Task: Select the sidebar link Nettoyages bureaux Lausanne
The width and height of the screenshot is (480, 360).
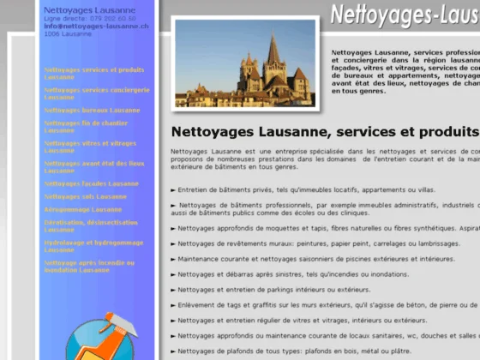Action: point(91,111)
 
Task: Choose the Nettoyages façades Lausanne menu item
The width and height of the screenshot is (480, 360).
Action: point(91,183)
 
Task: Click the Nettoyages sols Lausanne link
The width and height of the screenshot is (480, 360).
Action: point(85,196)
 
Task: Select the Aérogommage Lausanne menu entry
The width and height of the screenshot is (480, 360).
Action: point(82,209)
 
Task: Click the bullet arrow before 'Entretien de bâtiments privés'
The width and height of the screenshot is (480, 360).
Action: point(174,190)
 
